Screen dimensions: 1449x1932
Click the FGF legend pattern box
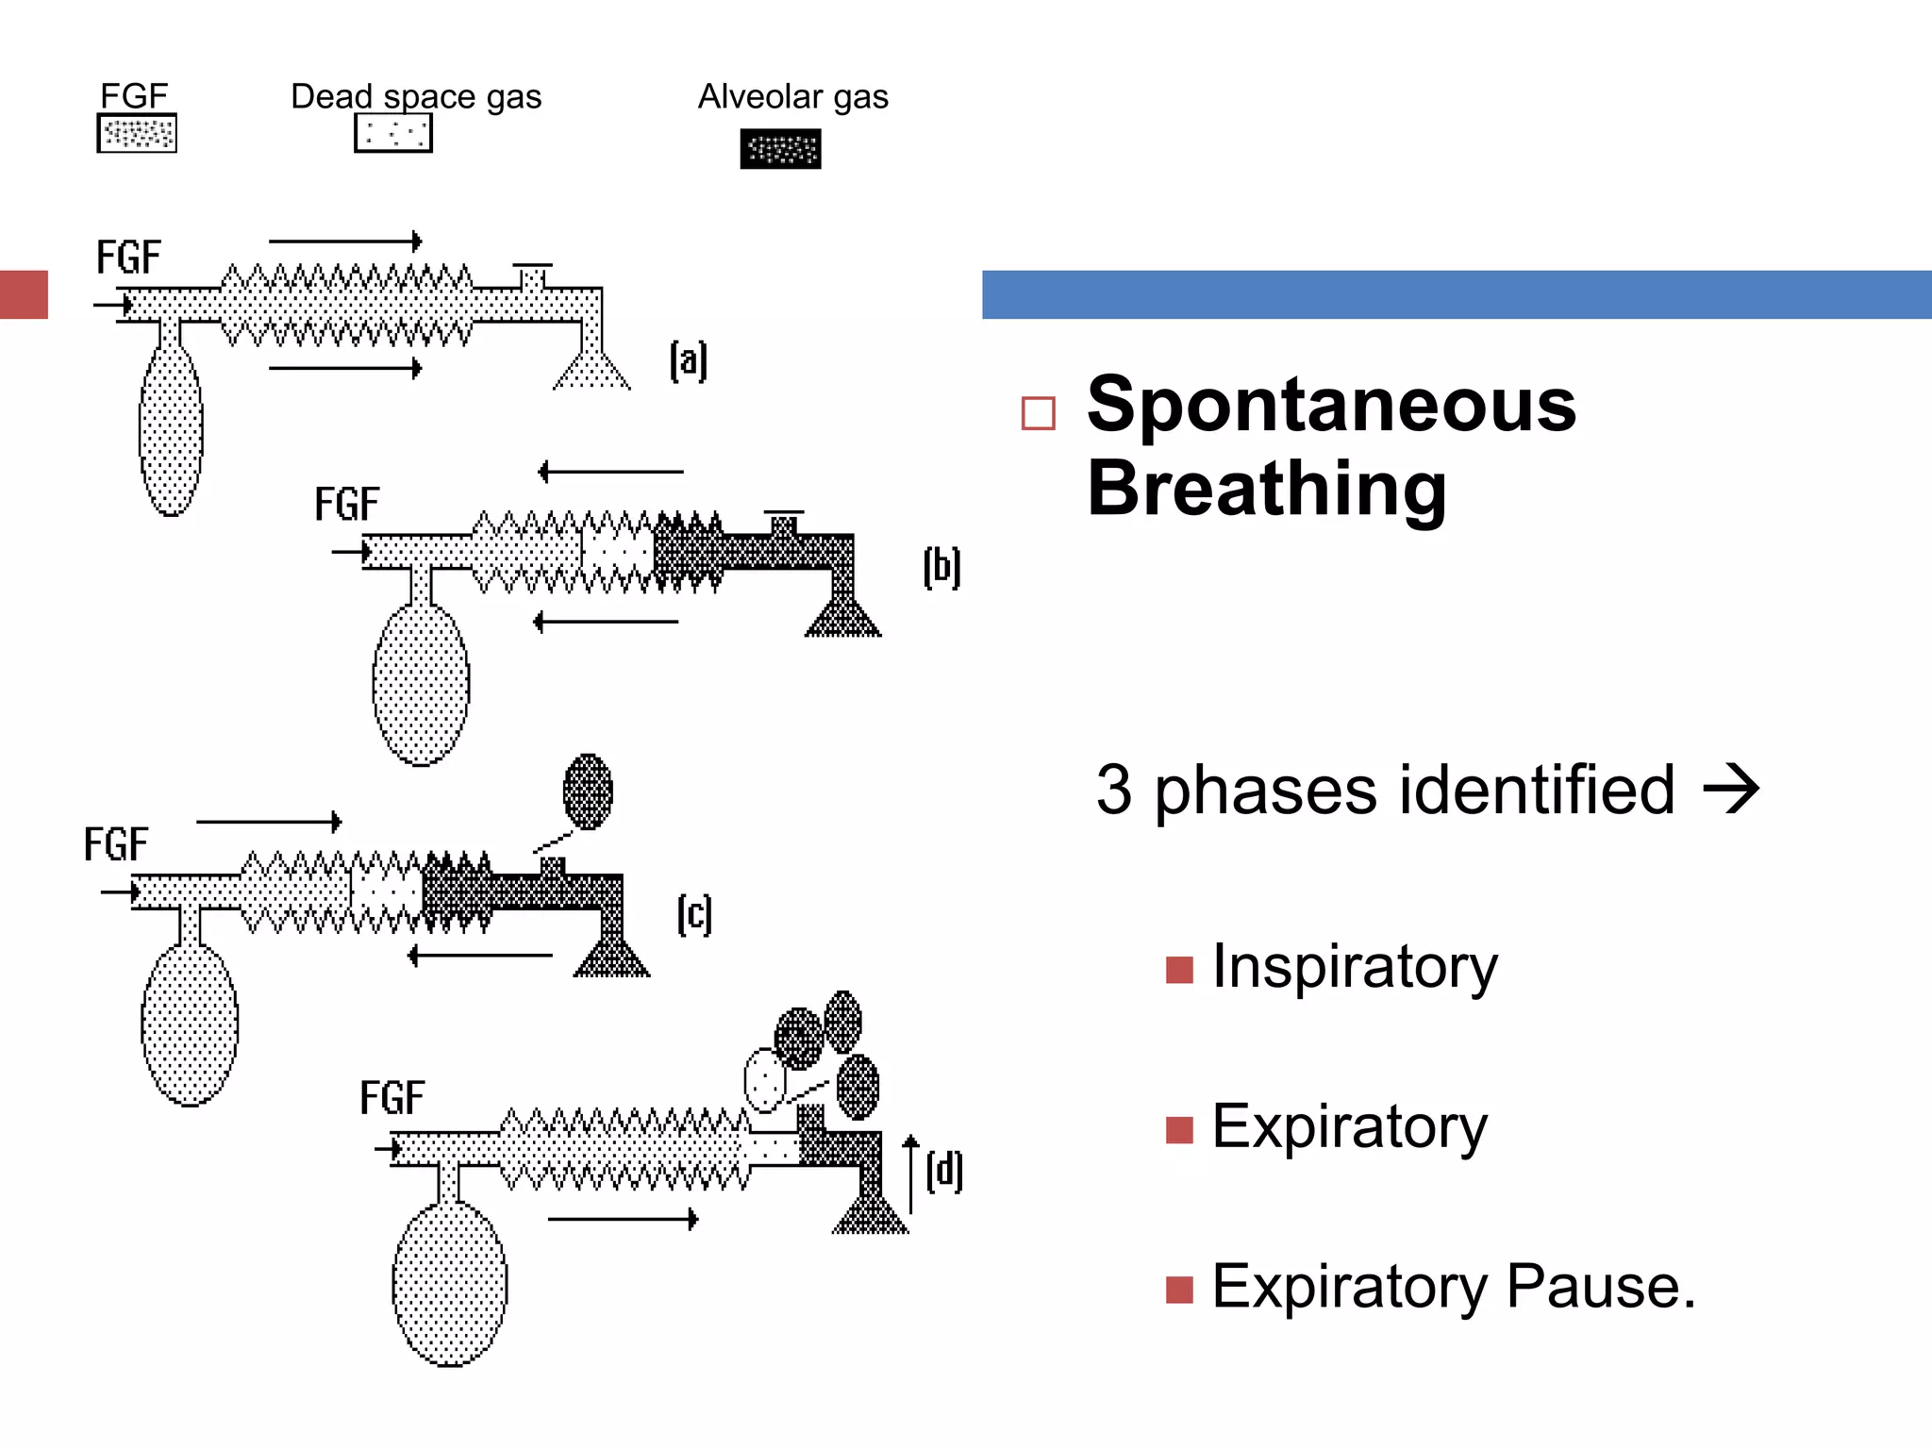137,133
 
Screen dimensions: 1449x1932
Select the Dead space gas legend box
393,133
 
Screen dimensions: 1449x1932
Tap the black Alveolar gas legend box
780,149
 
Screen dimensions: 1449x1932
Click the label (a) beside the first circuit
689,360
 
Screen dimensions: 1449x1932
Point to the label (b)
941,567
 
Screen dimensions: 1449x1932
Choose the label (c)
695,914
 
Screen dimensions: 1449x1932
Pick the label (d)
944,1171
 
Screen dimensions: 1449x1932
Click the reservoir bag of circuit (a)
171,429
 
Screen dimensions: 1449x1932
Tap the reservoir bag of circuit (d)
450,1283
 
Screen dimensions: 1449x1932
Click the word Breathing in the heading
1266,488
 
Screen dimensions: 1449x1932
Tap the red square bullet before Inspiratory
1179,970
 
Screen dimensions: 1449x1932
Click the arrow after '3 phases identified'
1731,789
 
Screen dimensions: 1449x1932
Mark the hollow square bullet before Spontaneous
1038,413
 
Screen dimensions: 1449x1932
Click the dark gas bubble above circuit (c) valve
588,791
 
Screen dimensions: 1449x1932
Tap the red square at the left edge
24,294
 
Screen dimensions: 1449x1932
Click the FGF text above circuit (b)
346,504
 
